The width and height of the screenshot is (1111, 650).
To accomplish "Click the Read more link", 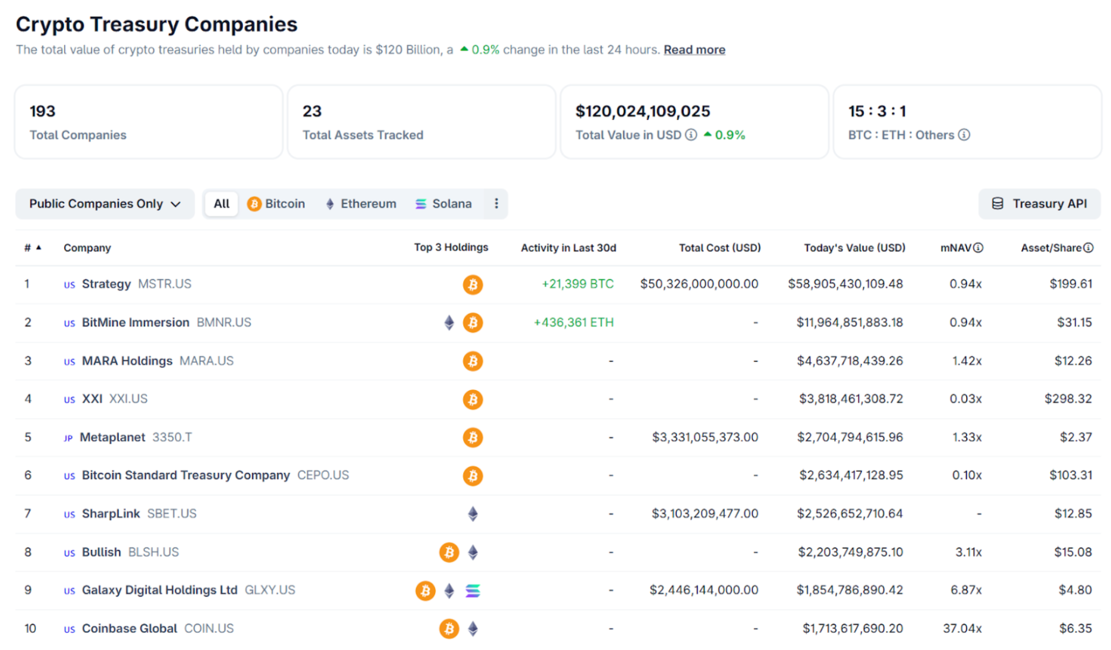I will pos(694,50).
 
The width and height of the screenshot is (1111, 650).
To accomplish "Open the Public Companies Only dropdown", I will pos(105,204).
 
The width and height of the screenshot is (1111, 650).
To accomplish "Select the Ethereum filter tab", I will pos(361,204).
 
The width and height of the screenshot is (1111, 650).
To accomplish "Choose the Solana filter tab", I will pos(444,204).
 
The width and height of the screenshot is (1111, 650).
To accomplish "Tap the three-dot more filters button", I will pos(496,204).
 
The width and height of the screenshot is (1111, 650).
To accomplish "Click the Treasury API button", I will pos(1039,204).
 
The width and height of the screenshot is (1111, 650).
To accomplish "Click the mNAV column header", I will pos(956,248).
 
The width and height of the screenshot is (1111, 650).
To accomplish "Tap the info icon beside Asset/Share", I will pos(1089,248).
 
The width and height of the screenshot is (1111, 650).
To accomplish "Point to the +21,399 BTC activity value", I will pos(577,284).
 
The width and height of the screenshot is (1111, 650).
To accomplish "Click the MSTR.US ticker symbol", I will pos(165,284).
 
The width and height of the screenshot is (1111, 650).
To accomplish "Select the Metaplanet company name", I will pos(112,437).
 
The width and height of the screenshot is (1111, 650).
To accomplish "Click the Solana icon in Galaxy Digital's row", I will pos(473,591).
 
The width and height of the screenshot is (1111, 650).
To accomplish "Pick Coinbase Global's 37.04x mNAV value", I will pos(962,628).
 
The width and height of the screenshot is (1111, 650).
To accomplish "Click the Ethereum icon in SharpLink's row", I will pos(473,514).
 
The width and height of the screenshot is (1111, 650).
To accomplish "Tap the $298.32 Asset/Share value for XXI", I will pos(1068,399).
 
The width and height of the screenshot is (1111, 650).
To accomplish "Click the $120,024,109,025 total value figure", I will pos(642,111).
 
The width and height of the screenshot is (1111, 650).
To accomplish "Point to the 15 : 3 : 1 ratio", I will pos(876,111).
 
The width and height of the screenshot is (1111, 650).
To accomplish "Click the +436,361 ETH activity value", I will pos(573,323).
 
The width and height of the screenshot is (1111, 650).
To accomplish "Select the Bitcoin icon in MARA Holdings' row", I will pos(473,361).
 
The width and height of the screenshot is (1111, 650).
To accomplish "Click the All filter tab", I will pos(222,204).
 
